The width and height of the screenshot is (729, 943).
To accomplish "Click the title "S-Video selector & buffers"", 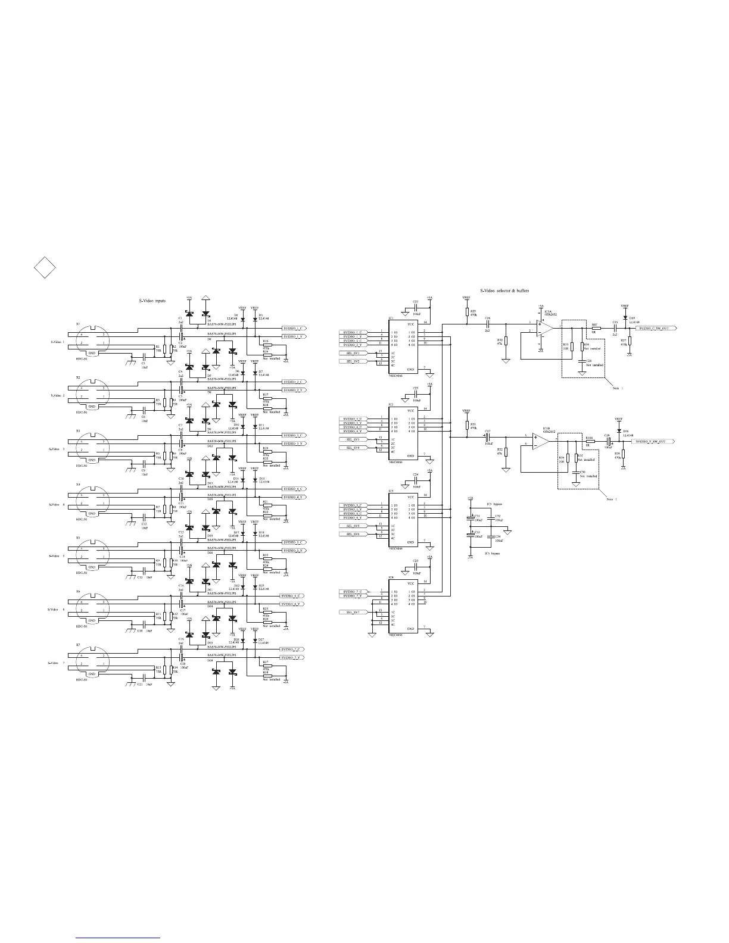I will (504, 291).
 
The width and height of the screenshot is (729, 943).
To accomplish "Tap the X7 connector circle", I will (92, 663).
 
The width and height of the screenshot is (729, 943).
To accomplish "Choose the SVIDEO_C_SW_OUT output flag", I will (656, 328).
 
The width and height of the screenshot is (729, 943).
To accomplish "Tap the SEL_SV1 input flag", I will (353, 353).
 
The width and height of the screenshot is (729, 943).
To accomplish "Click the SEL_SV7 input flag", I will (353, 612).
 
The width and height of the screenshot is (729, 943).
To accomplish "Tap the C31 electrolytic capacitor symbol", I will (471, 519).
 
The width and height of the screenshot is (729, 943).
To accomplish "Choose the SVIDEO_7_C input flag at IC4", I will (354, 591).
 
